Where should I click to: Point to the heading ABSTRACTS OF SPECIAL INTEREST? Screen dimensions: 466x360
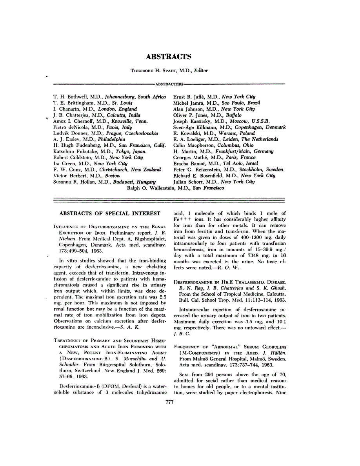109,213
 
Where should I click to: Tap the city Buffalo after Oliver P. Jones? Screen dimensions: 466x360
234,115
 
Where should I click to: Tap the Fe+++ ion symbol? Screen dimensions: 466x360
182,220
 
